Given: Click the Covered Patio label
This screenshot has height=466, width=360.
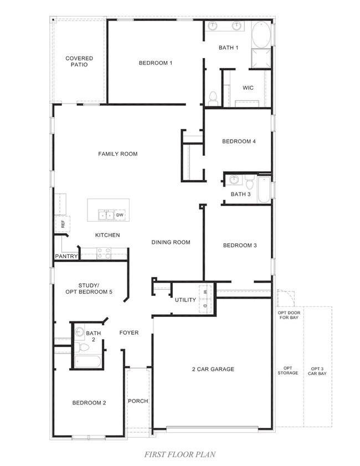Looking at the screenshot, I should [79, 61].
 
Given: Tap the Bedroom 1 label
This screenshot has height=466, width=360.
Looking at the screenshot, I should [155, 63].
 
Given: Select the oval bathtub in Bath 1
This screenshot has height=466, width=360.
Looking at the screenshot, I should [261, 35].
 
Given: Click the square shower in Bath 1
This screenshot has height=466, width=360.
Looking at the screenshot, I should [261, 59].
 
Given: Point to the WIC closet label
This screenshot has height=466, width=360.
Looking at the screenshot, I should [248, 88].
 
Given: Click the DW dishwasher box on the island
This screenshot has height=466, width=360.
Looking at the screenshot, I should [120, 214].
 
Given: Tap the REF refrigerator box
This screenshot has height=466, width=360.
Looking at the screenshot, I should [63, 224].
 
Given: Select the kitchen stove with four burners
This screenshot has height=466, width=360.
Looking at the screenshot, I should [104, 253].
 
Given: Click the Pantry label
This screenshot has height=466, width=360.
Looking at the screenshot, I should [66, 257].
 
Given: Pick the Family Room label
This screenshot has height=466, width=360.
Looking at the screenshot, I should [117, 153].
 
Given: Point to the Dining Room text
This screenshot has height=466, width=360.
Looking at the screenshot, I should [171, 242].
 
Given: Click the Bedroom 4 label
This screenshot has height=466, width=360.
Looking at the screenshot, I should [239, 141].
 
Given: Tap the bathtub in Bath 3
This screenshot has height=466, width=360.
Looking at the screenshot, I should [264, 189].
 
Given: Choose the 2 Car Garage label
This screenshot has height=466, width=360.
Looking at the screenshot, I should [213, 369].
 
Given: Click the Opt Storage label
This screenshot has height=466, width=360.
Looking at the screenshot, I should [288, 371].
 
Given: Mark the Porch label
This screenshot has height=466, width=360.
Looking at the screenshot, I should [138, 401].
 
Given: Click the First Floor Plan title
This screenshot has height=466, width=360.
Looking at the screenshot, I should [179, 454].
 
